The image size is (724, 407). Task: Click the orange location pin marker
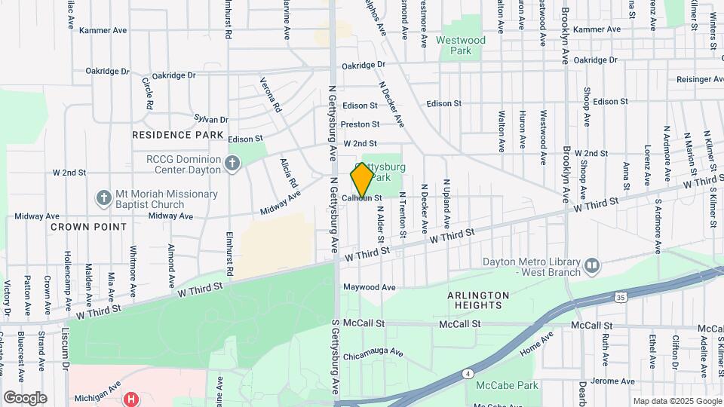[362, 179]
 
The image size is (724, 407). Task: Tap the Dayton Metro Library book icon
[592, 265]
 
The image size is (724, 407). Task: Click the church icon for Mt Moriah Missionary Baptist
[104, 197]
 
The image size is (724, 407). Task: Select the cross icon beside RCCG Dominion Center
[232, 162]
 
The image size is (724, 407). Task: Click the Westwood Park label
[461, 45]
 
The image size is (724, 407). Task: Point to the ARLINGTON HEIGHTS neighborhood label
[479, 300]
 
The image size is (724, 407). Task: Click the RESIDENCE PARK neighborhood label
[177, 135]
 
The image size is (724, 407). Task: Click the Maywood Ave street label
[370, 287]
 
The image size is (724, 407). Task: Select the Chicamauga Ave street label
[373, 354]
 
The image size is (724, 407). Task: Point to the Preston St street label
[360, 124]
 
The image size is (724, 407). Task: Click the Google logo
[25, 398]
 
